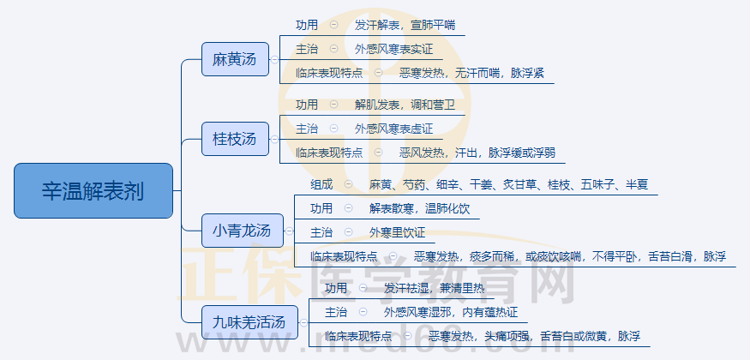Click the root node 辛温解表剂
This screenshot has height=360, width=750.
pos(93,191)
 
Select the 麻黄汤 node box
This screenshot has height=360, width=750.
pos(235,59)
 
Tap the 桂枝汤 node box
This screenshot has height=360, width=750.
pos(235,139)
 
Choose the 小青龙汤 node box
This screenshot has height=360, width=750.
pos(243,231)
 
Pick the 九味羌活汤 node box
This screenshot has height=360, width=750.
pos(249,322)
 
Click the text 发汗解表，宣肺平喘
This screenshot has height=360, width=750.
pos(405,26)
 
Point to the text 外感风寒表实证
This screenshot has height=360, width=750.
pos(393,49)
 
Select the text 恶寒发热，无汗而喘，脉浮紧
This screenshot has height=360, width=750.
pos(471,74)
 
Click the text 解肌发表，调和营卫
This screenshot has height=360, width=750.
pos(405,105)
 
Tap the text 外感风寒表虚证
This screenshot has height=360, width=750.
pos(393,129)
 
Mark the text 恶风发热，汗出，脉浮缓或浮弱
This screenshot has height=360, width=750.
pos(477,153)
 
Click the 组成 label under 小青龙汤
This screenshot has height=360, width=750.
pos(321,184)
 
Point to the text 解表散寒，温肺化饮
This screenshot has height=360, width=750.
pos(419,208)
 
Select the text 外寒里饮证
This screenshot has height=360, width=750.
pos(397,233)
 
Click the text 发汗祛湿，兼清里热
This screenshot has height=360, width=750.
pos(435,288)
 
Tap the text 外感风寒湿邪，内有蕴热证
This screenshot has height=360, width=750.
pos(451,313)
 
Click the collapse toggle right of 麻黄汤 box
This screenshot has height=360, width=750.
pos(274,59)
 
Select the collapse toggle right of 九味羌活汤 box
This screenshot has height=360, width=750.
pos(303,322)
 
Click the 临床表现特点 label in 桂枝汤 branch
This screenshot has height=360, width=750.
pos(329,153)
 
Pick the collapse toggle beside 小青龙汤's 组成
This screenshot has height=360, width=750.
pos(348,184)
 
